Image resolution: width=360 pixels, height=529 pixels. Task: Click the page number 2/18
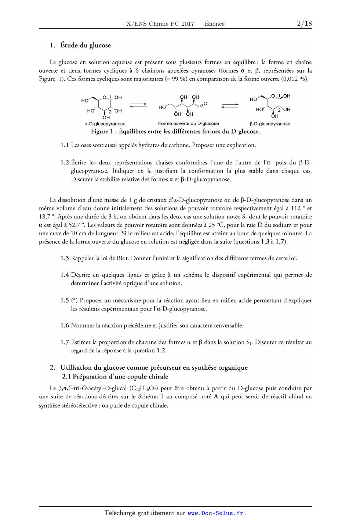point(304,24)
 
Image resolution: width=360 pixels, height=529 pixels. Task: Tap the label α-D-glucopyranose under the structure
point(105,124)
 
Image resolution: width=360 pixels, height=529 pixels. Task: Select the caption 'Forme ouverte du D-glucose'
point(188,124)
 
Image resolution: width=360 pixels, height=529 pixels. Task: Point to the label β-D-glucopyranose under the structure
point(270,124)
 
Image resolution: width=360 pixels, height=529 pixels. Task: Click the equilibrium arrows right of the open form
point(229,106)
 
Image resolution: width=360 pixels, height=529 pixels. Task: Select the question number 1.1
point(65,145)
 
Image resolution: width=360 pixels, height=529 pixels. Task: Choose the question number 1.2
point(65,163)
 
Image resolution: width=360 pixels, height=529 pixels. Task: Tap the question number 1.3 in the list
point(65,258)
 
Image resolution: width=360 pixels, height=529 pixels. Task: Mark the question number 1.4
point(65,275)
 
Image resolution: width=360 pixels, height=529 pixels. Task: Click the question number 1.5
point(65,301)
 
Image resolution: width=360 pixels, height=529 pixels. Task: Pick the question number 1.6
point(65,326)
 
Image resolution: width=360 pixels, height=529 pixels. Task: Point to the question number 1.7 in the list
point(65,343)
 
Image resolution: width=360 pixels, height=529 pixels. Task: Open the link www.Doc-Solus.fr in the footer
point(215,514)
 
